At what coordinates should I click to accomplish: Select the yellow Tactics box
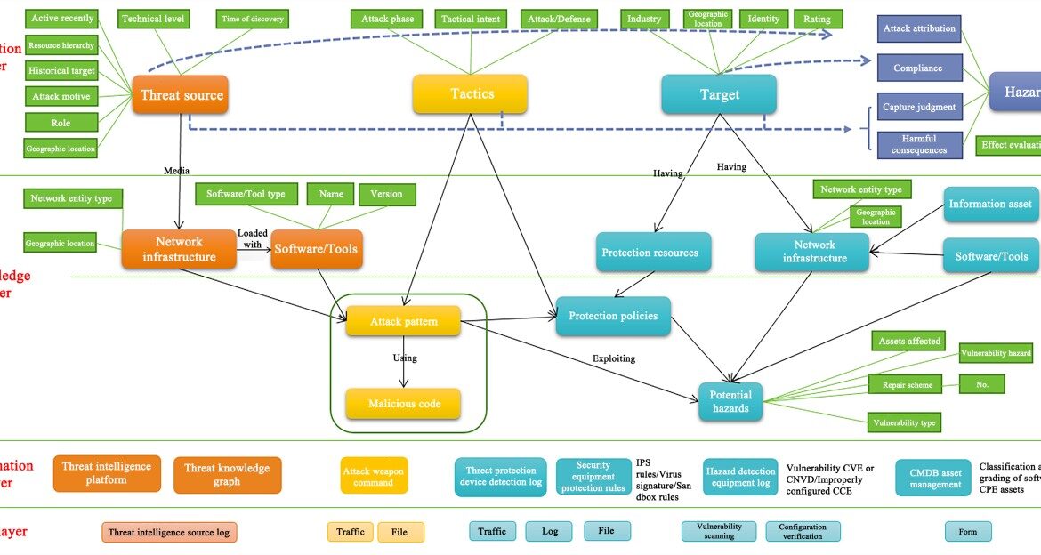coord(470,93)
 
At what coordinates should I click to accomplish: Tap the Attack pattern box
coord(403,321)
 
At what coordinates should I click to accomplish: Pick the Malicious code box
coord(403,404)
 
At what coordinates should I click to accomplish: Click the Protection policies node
coord(613,316)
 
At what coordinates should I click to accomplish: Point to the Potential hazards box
coord(730,402)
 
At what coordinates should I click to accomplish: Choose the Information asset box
coord(989,204)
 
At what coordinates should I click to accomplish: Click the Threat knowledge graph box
coord(227,475)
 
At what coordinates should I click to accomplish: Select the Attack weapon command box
coord(374,476)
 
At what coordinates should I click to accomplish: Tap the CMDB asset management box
coord(932,478)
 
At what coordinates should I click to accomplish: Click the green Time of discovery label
coord(252,19)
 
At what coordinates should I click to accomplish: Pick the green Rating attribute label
coord(817,19)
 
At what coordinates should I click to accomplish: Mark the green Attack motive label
coord(61,96)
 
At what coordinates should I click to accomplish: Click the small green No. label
coord(981,384)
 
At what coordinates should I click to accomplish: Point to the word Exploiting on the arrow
coord(614,358)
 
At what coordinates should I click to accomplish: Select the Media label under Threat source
coord(176,170)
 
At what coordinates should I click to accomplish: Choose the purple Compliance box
coord(918,68)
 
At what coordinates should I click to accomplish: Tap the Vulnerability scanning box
coord(719,531)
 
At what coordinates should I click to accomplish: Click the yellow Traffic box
coord(351,532)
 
